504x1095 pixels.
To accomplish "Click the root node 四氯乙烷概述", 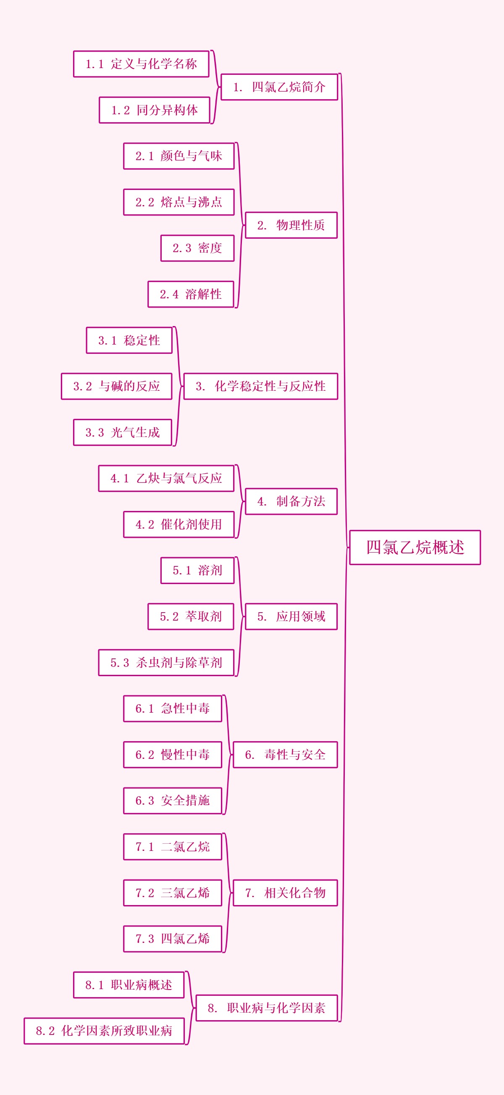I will point(415,547).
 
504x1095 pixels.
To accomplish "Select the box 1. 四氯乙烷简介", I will point(279,87).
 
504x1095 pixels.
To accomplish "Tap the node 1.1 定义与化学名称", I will point(141,64).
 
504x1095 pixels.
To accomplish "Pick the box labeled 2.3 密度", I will point(197,248).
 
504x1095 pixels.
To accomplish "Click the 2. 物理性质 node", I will point(291,225).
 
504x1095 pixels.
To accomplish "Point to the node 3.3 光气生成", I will point(122,432).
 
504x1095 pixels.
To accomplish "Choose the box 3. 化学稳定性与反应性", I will point(260,387).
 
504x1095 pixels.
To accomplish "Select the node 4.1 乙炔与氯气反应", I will point(166,478).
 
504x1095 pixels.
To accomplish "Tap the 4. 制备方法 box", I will point(291,502).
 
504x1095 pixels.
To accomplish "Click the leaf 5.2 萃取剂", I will point(191,616).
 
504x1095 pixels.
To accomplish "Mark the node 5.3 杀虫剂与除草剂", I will point(166,663).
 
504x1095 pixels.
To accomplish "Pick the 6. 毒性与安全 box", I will point(285,755).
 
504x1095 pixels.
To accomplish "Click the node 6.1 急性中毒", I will point(173,708).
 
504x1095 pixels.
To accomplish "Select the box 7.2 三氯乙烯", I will point(173,892).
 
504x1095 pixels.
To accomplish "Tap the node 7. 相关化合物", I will point(285,892).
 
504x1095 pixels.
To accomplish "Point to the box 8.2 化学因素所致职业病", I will point(104,1031).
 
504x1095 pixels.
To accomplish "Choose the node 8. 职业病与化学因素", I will point(266,1008).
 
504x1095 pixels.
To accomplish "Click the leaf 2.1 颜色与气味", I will point(179,156).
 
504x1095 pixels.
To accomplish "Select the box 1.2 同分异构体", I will point(154,110).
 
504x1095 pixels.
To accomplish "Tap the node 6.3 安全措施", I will point(173,801).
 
